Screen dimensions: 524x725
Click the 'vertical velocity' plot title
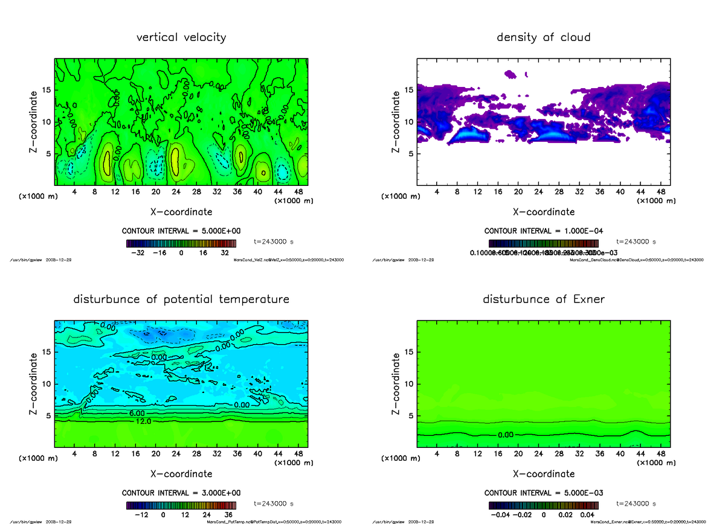pyautogui.click(x=181, y=37)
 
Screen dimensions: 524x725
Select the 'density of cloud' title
pyautogui.click(x=543, y=37)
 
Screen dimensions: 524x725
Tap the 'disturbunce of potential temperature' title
pyautogui.click(x=181, y=299)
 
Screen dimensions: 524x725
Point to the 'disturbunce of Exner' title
pyautogui.click(x=543, y=299)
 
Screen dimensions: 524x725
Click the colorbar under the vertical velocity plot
pyautogui.click(x=181, y=243)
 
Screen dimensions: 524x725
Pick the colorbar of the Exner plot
pyautogui.click(x=544, y=505)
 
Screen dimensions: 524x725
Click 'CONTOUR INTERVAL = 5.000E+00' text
pyautogui.click(x=181, y=231)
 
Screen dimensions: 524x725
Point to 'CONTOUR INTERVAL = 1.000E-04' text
pyautogui.click(x=544, y=231)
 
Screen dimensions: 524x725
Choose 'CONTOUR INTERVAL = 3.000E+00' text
pyautogui.click(x=181, y=493)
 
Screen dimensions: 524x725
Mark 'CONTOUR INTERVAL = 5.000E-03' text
pyautogui.click(x=544, y=493)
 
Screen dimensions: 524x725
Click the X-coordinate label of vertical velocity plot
pyautogui.click(x=181, y=212)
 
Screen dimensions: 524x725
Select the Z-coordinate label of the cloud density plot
pyautogui.click(x=396, y=122)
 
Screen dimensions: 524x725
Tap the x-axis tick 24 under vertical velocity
pyautogui.click(x=176, y=191)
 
